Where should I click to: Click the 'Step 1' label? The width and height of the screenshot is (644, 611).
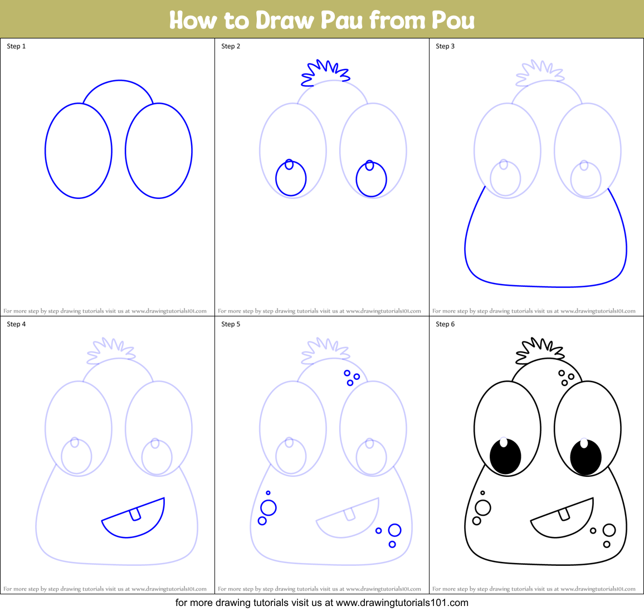point(16,46)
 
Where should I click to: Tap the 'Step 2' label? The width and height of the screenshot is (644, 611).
point(231,46)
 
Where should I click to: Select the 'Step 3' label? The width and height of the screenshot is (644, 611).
point(445,46)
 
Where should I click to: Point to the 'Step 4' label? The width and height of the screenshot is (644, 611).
point(16,324)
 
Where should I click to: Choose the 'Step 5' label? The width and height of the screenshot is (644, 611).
point(231,324)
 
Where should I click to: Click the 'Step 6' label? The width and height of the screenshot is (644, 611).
point(445,324)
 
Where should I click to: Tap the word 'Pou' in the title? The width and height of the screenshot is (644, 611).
point(452,20)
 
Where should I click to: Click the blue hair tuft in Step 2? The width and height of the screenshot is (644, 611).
point(325,73)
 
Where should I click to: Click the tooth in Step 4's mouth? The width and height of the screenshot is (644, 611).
point(135,515)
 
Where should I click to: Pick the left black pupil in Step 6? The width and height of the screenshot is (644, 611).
point(505,457)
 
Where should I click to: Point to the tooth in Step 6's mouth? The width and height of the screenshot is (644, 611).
point(564,514)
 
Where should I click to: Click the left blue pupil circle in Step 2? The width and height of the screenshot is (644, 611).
point(291,179)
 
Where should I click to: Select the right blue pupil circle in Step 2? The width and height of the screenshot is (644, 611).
point(372,179)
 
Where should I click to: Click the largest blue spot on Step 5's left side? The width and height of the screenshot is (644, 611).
point(269,508)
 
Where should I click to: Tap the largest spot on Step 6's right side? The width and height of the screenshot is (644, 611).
point(609,530)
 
